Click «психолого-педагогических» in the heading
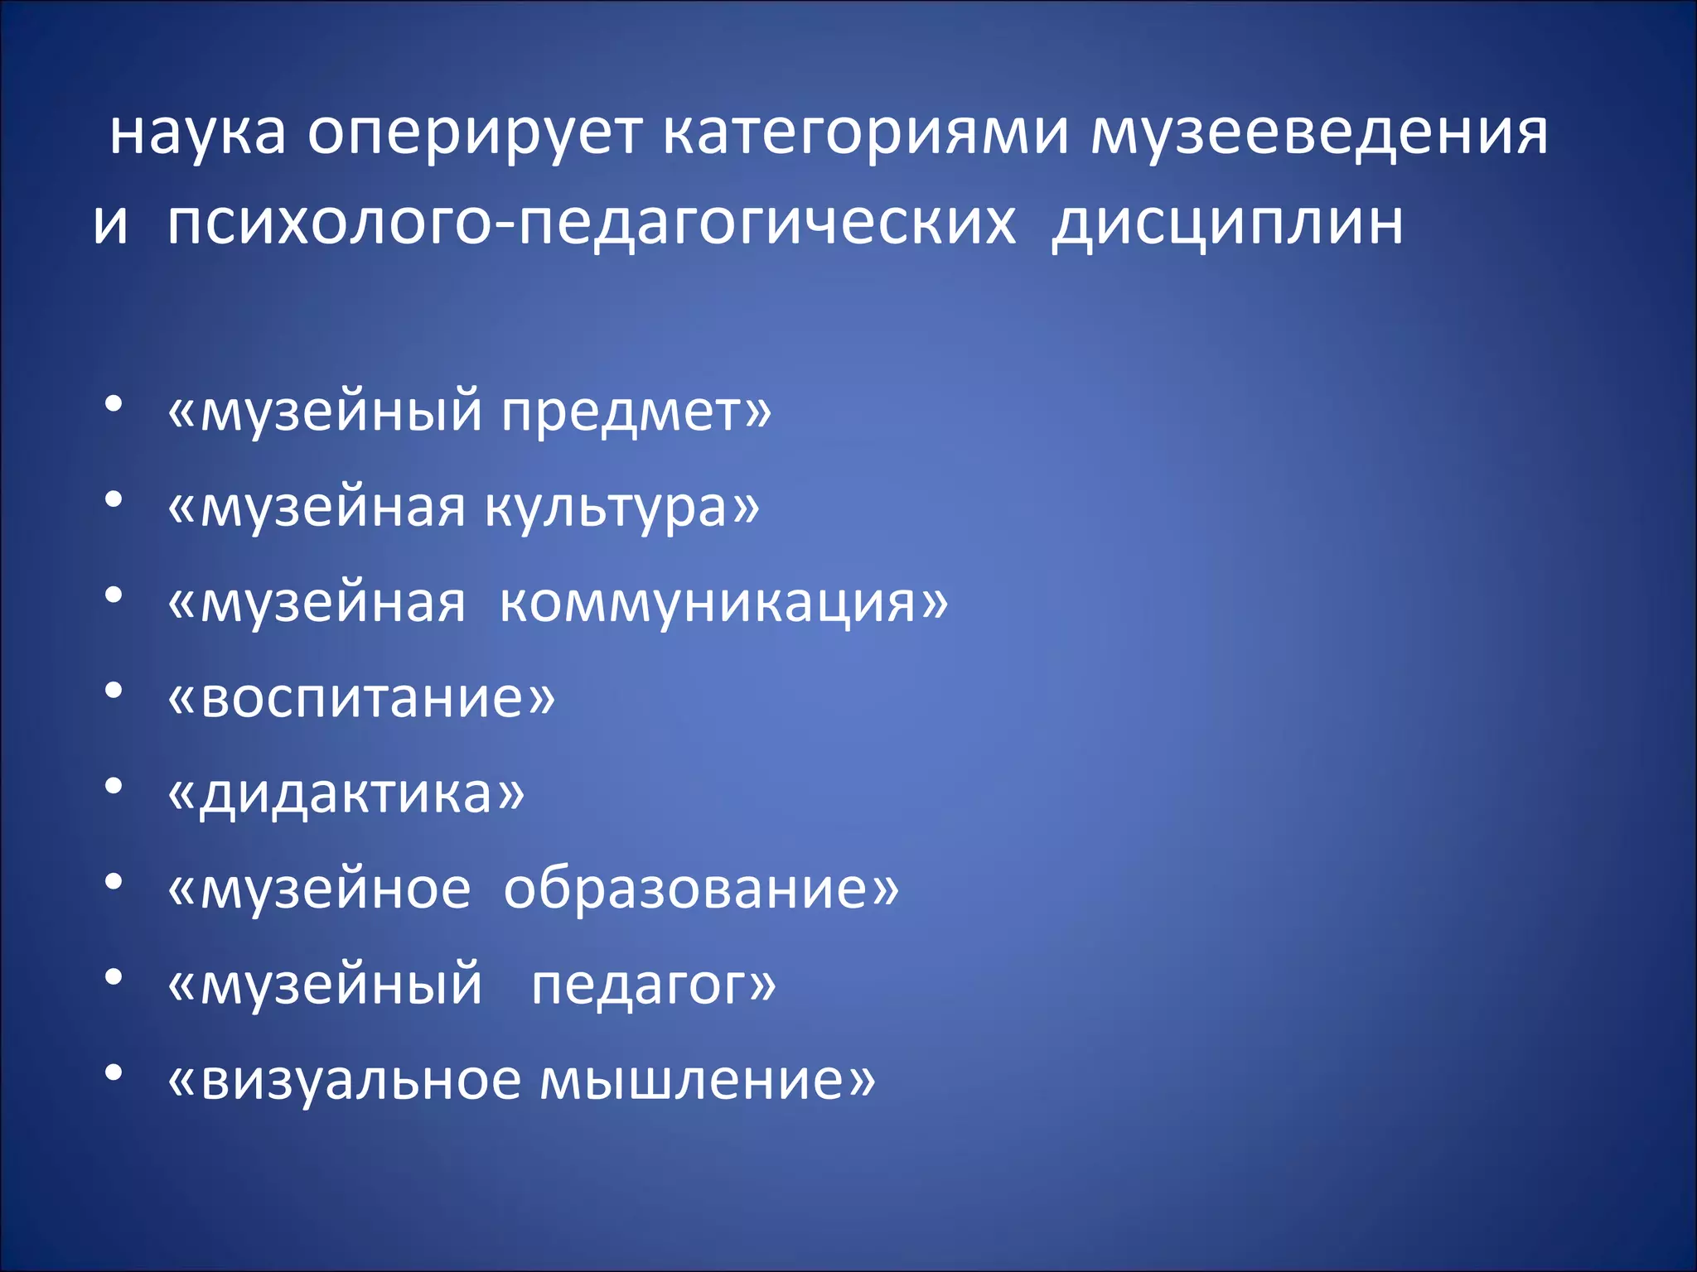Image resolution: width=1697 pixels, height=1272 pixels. click(591, 224)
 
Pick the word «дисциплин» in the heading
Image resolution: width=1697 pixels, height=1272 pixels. click(1227, 224)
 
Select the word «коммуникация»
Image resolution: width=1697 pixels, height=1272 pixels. click(713, 602)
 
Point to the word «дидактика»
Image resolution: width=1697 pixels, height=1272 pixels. click(346, 793)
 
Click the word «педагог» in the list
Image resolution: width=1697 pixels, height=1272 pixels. click(643, 985)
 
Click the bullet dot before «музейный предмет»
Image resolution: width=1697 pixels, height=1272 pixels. click(114, 404)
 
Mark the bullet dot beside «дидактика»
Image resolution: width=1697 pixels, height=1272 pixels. click(114, 786)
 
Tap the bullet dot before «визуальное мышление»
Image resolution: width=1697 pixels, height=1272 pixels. click(114, 1072)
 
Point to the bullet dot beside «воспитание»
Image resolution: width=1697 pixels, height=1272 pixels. click(114, 691)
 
